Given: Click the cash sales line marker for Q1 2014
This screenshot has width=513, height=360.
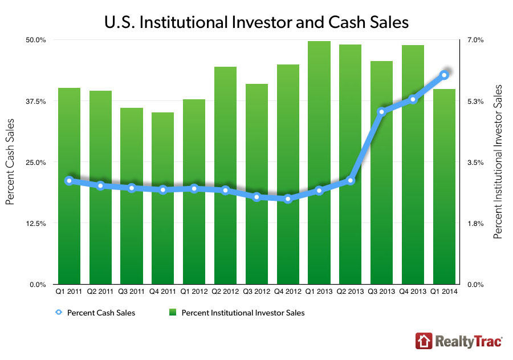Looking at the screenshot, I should [444, 75].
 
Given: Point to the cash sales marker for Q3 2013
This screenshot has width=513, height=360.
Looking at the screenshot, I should [382, 112].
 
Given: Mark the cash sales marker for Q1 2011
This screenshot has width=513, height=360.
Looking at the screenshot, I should [69, 181].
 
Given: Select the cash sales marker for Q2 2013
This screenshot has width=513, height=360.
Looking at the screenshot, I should [351, 181].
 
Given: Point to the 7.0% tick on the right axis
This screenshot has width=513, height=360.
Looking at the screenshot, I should [476, 40].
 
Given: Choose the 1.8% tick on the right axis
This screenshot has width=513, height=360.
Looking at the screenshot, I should [476, 223].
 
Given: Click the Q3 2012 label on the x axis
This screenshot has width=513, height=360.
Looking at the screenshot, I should [256, 292].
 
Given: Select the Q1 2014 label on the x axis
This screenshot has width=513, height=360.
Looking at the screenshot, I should [444, 292].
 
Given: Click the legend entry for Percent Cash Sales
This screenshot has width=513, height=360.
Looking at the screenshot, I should [100, 313].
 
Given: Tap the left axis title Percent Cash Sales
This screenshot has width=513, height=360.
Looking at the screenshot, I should [10, 162].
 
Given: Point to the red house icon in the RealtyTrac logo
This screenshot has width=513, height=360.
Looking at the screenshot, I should [422, 341].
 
